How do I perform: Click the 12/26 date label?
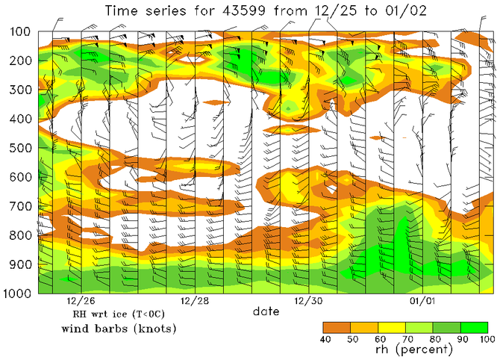(80, 302)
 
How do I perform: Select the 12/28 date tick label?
(194, 302)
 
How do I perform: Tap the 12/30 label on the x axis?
(308, 302)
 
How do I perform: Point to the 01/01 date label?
(422, 302)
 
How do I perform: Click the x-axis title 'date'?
(266, 311)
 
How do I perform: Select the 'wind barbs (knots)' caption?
(113, 329)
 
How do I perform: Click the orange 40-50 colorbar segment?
(337, 327)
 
